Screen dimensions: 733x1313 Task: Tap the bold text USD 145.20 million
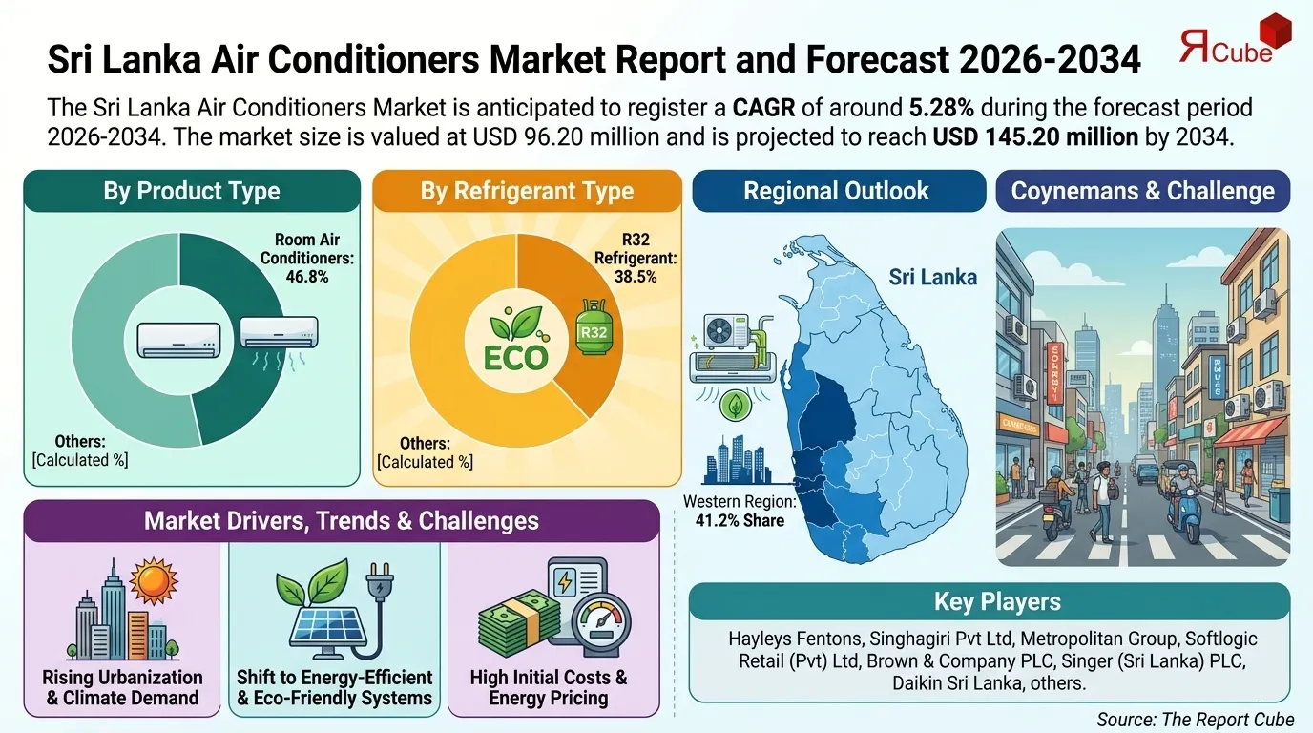click(x=1034, y=136)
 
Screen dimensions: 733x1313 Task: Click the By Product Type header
click(x=192, y=191)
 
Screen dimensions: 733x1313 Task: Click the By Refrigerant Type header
click(x=527, y=191)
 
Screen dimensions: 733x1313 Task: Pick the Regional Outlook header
click(x=836, y=191)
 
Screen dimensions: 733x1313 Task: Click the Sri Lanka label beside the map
click(x=932, y=277)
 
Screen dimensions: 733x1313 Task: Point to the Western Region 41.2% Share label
click(x=740, y=511)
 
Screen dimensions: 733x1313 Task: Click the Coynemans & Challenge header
click(x=1142, y=191)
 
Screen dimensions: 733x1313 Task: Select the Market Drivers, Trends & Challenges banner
click(x=341, y=521)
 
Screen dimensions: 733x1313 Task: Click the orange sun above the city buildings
click(x=154, y=581)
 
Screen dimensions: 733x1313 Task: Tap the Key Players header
click(x=989, y=602)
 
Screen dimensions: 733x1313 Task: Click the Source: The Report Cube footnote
click(x=1195, y=720)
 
